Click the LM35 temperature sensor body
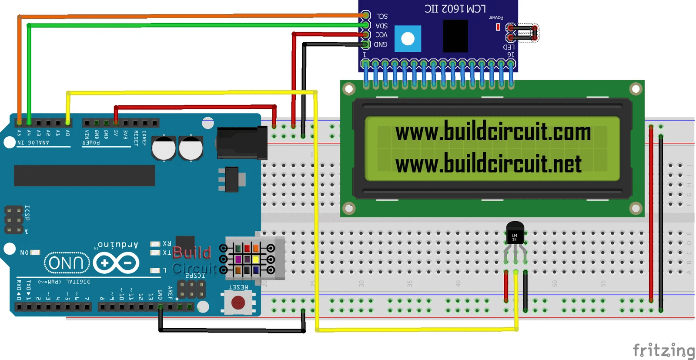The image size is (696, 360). coord(515,233)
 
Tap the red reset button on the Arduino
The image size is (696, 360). coord(238,303)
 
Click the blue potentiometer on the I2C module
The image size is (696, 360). coord(408,39)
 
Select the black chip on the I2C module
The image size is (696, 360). coord(455,36)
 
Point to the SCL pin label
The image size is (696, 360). coord(382,16)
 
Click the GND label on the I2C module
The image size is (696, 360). coord(381,44)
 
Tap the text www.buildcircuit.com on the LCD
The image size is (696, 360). coord(493,131)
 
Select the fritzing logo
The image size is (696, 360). coord(663,350)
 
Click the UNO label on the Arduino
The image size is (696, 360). coord(67,263)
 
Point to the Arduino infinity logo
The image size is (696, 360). coord(116,263)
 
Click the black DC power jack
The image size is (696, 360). coord(242,143)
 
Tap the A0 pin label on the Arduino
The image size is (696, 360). coord(67,133)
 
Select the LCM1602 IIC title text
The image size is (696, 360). coord(455,9)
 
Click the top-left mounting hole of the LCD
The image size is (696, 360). coord(349,89)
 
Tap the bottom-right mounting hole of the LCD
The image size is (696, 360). coord(636,209)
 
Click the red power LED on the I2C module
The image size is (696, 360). coord(498,27)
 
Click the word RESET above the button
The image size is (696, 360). coord(238,287)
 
